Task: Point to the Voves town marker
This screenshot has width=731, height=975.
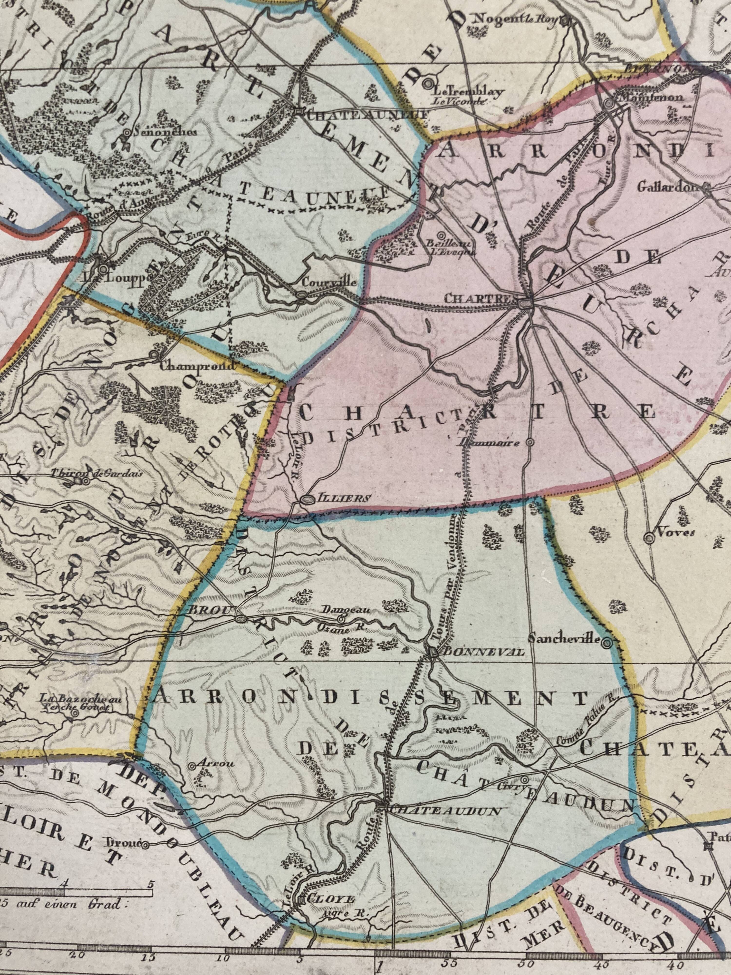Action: coord(649,537)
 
